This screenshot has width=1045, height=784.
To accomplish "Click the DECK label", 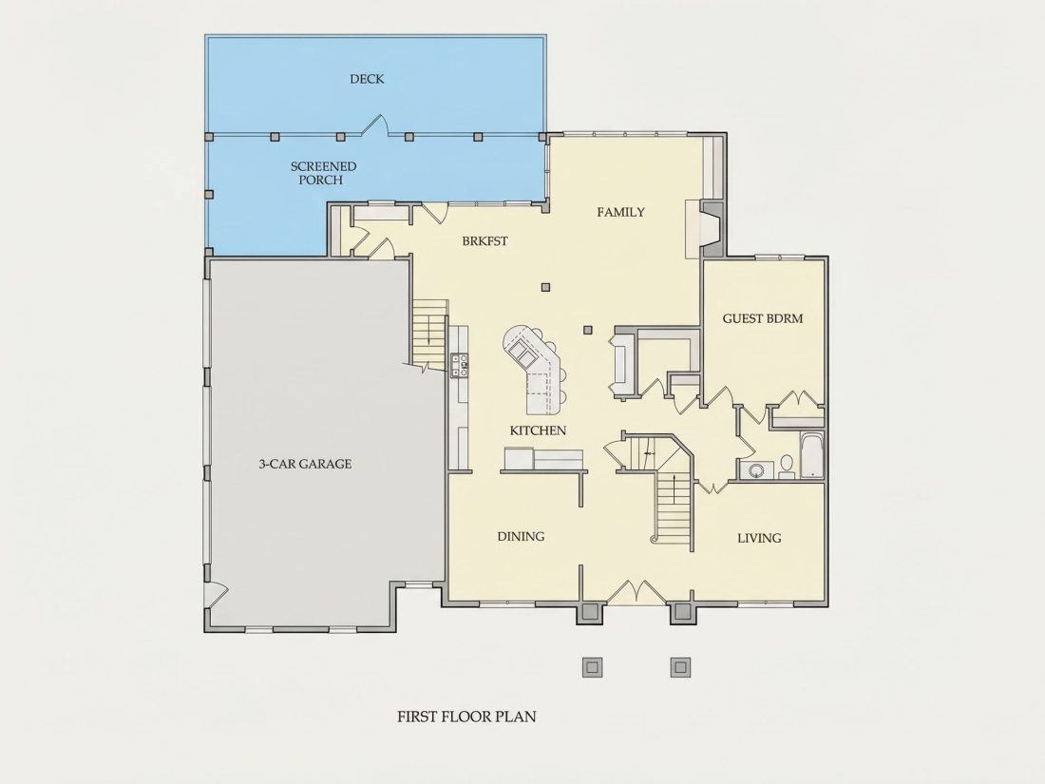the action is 367,79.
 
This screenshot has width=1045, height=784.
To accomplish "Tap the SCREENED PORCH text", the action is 323,173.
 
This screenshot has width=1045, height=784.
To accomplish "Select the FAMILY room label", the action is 620,212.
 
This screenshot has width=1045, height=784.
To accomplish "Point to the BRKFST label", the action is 484,240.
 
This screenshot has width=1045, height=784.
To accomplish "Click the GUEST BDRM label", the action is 763,318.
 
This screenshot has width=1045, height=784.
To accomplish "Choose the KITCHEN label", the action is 538,430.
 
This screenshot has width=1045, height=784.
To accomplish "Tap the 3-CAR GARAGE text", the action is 305,464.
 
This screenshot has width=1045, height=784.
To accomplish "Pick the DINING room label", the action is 521,536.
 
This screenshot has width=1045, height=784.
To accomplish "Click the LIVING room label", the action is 759,538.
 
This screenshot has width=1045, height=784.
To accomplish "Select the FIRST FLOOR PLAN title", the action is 466,717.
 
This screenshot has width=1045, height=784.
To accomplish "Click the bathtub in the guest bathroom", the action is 811,455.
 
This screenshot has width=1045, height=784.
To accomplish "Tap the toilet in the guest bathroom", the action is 787,466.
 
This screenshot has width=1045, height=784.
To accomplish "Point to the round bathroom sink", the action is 756,470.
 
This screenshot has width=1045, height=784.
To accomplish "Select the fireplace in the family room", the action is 711,229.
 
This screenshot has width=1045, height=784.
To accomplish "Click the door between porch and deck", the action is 375,126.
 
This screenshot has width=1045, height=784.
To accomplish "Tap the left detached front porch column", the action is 592,667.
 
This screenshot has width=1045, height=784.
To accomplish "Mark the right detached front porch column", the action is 680,667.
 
